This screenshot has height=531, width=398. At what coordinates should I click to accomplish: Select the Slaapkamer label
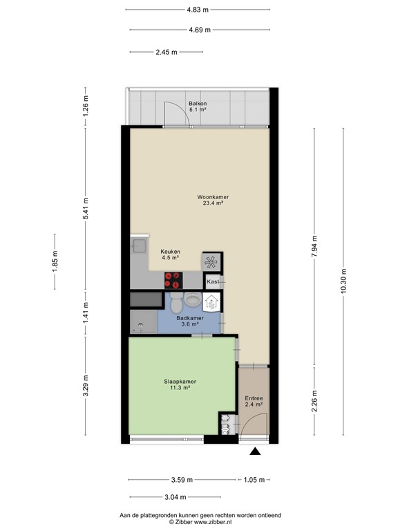point(180,382)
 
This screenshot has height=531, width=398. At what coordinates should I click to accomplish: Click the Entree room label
point(254,399)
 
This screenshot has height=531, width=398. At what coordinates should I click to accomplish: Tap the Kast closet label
point(213,282)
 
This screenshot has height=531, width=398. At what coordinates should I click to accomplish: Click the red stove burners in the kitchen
point(173,280)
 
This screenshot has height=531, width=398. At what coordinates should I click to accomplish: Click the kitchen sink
point(140,245)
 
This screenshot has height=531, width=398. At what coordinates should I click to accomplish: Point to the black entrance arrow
point(255,452)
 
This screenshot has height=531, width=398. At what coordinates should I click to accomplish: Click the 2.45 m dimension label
point(166,52)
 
